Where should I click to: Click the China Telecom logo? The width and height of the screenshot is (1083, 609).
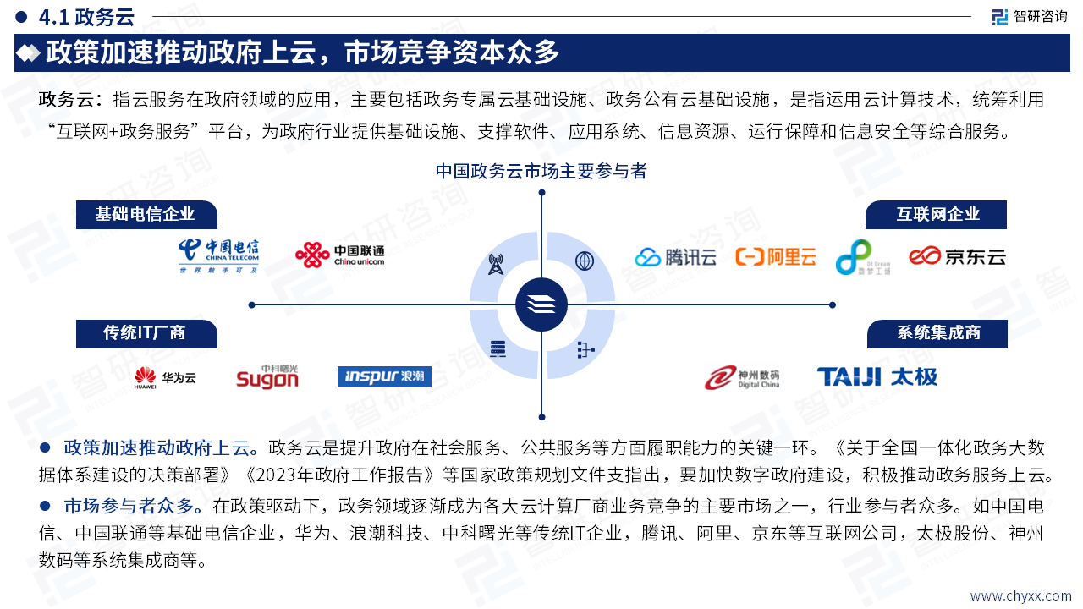(x=218, y=255)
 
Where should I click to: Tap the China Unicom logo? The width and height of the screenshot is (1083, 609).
(x=339, y=255)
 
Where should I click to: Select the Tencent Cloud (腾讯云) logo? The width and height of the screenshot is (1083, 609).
(x=676, y=257)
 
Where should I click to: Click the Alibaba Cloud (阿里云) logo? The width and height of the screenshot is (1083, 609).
(x=776, y=257)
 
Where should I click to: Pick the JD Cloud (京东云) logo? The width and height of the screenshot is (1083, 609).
(x=957, y=256)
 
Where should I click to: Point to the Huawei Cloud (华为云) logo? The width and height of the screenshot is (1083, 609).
(x=165, y=378)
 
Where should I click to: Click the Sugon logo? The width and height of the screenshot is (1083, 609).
(x=267, y=377)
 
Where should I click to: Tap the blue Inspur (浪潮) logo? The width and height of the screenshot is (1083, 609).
(x=384, y=376)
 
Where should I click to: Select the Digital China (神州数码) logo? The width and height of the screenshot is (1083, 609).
(x=742, y=377)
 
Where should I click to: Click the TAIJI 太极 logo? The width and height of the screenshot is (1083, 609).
(x=877, y=376)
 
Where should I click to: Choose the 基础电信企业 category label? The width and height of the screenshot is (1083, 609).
(x=146, y=215)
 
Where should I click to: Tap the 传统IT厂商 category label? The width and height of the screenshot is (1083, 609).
(x=146, y=333)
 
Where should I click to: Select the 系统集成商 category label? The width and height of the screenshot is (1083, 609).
(x=938, y=333)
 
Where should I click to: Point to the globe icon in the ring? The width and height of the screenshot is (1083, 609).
(x=585, y=261)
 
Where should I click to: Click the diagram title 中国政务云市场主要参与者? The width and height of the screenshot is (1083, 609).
(x=541, y=172)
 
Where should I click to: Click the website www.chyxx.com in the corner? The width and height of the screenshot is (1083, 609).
(x=1020, y=596)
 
